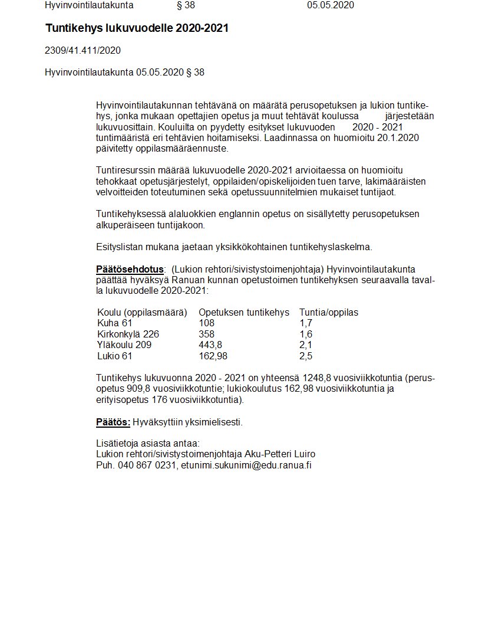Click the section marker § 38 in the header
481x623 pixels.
coord(186,5)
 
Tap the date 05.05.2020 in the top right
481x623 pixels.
coord(330,5)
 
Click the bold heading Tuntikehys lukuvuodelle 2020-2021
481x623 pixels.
coord(137,28)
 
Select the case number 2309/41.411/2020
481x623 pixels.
coord(83,51)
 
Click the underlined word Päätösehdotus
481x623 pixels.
coord(130,270)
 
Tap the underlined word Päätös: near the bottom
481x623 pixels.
coord(113,422)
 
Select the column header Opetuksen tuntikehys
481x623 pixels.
coord(244,312)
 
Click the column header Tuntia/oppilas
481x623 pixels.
coord(328,312)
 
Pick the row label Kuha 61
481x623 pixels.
coord(114,323)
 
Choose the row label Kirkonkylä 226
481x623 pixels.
coord(128,334)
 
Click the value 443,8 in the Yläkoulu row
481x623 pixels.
coord(210,345)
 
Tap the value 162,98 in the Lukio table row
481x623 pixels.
coord(213,356)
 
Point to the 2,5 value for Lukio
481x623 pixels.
coord(305,356)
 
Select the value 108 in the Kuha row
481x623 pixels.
coord(206,323)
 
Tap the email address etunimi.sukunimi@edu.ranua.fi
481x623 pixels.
coord(246,465)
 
